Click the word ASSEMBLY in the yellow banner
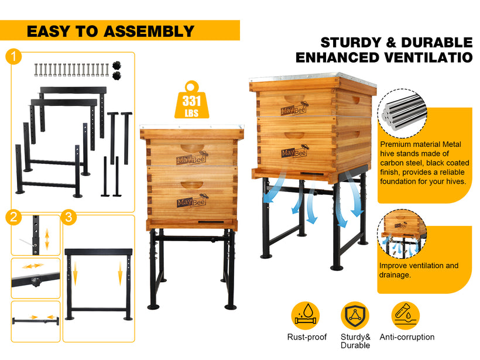tap(149, 31)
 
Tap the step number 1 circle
tap(13, 57)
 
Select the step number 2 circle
tap(13, 217)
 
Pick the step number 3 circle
tap(68, 217)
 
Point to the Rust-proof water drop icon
tap(305, 316)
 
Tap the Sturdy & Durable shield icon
tap(355, 316)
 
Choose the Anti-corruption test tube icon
tap(405, 316)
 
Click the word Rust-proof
tap(307, 337)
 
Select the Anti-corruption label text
tap(407, 337)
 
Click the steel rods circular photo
tap(402, 113)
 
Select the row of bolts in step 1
tap(71, 70)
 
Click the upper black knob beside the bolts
tap(116, 66)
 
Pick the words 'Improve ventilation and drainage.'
tap(419, 270)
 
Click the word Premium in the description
tap(395, 145)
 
